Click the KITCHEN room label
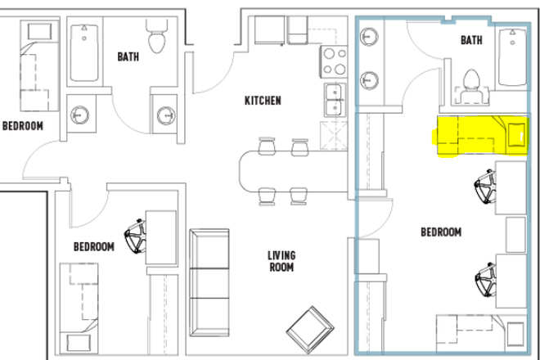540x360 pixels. pos(263,101)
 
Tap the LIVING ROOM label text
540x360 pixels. pos(281,261)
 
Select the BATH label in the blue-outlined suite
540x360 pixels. pos(471,40)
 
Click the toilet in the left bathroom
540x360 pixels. pos(157,37)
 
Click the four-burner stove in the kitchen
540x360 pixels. pos(334,62)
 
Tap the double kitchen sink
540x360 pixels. pos(335,101)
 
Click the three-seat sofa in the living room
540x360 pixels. pos(209,282)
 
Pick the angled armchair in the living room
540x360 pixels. pos(310,330)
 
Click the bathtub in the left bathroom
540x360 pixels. pos(84,52)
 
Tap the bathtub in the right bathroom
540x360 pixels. pos(512,57)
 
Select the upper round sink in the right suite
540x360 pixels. pos(369,36)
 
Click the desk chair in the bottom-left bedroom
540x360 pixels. pos(135,236)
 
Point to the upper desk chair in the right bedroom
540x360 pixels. pos(485,187)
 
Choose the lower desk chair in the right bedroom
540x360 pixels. pos(485,280)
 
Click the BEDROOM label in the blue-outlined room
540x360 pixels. pos(441,232)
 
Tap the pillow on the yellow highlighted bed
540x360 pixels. pos(516,135)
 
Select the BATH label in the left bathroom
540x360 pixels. pos(128,56)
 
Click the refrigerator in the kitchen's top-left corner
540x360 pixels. pos(269,30)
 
